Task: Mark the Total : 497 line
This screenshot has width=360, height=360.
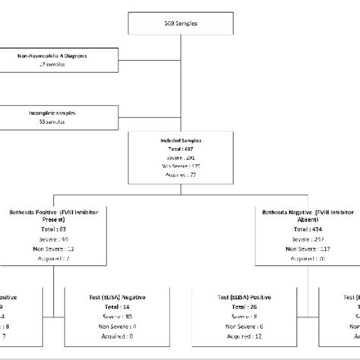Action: [179, 149]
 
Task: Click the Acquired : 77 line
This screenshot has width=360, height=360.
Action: [179, 175]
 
